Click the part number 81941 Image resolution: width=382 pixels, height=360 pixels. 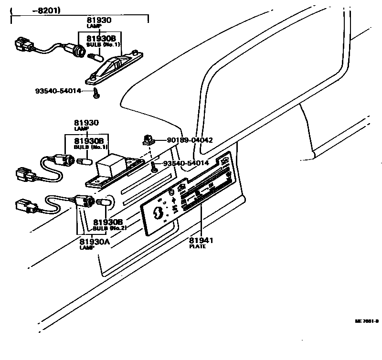pos(201,240)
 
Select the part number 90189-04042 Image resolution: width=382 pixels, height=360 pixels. pos(190,140)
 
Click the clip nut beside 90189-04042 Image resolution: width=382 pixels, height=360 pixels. pos(149,140)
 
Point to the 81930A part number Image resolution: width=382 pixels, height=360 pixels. pos(95,241)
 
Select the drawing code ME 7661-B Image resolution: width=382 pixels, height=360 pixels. pos(366,321)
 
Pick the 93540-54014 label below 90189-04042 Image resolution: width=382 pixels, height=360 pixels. pos(186,163)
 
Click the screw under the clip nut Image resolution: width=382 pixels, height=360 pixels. pos(154,167)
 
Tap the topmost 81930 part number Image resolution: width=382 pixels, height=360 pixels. pos(99,20)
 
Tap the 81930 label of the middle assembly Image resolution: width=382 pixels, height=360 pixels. pos(86,123)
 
